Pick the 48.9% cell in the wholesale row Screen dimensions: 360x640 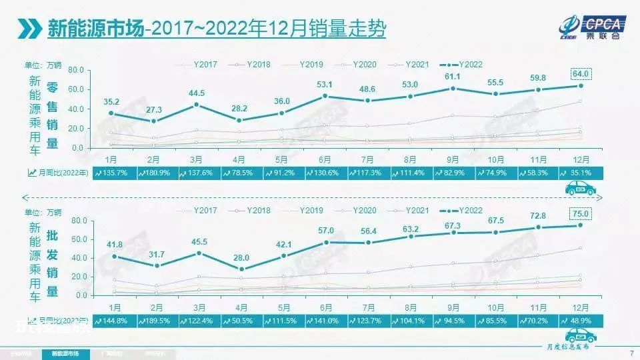tap(579, 320)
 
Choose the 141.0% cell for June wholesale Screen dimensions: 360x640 tap(325, 320)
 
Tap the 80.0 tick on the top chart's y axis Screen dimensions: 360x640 tap(75, 69)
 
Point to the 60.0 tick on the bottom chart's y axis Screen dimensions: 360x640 tap(79, 239)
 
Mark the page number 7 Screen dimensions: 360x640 tap(631, 353)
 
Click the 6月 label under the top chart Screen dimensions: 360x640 tap(325, 159)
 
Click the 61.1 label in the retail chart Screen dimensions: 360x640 tap(453, 77)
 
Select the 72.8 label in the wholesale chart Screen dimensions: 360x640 tap(538, 216)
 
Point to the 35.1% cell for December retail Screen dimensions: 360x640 tap(579, 173)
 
